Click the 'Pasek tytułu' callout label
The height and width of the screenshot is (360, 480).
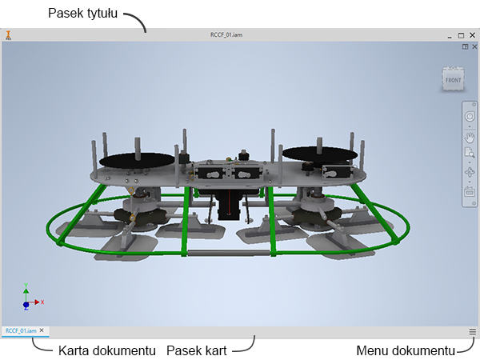pyautogui.click(x=82, y=14)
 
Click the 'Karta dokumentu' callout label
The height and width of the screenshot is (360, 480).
pyautogui.click(x=107, y=351)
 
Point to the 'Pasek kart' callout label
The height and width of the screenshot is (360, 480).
pyautogui.click(x=197, y=351)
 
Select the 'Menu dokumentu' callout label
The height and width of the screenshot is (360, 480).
pyautogui.click(x=406, y=351)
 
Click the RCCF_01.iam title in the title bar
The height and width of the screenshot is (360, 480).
pyautogui.click(x=226, y=35)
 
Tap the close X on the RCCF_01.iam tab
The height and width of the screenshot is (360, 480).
pyautogui.click(x=42, y=330)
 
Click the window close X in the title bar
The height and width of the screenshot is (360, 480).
pyautogui.click(x=472, y=35)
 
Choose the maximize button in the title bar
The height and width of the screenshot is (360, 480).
pyautogui.click(x=461, y=35)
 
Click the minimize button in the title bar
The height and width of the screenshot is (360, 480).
pyautogui.click(x=450, y=38)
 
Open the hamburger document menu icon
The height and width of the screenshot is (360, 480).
pyautogui.click(x=472, y=331)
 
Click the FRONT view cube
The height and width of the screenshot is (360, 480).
pyautogui.click(x=453, y=79)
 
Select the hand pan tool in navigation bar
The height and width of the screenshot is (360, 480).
pyautogui.click(x=470, y=138)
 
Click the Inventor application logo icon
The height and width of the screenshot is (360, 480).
pyautogui.click(x=9, y=35)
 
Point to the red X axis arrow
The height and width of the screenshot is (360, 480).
pyautogui.click(x=34, y=302)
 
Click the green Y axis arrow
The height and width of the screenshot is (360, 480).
pyautogui.click(x=26, y=294)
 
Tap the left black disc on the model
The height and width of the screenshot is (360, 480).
pyautogui.click(x=137, y=160)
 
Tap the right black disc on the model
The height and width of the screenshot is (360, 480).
pyautogui.click(x=319, y=154)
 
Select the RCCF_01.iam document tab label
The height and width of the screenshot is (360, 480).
pyautogui.click(x=21, y=330)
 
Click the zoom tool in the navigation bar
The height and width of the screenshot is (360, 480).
pyautogui.click(x=470, y=153)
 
